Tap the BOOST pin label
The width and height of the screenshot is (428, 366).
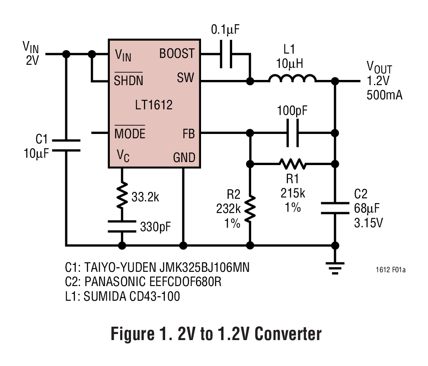177,54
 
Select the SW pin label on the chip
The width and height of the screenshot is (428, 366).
185,79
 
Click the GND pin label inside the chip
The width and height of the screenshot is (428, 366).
184,157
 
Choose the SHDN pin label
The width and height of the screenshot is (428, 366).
128,80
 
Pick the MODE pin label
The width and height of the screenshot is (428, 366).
130,134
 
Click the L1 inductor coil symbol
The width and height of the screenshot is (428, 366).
292,79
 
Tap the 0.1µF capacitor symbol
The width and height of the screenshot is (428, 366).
226,54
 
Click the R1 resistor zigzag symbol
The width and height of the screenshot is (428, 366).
293,164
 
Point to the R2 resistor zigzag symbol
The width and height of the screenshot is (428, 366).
250,209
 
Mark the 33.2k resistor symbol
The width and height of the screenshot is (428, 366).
122,195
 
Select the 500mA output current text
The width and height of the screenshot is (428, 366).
384,95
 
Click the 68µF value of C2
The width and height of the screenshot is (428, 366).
367,209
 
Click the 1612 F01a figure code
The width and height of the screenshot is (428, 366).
390,271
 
